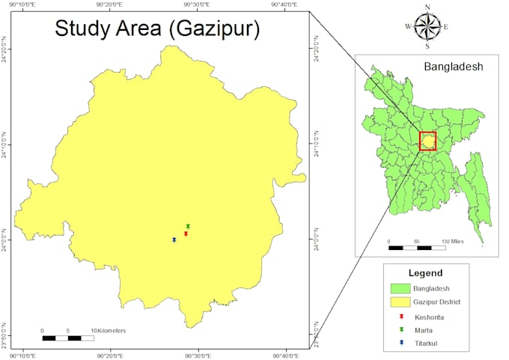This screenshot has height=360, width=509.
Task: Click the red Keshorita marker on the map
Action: (186, 234)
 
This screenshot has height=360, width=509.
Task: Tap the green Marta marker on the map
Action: (188, 226)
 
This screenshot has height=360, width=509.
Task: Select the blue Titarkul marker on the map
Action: (174, 240)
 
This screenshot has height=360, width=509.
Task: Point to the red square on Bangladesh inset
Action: (427, 141)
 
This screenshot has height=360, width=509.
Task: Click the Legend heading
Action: (426, 273)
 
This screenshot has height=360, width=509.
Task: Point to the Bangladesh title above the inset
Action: (454, 66)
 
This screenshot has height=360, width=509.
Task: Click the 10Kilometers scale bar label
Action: (109, 330)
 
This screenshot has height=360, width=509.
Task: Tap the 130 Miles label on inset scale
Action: (454, 241)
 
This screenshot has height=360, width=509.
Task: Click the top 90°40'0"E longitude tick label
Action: (284, 5)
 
